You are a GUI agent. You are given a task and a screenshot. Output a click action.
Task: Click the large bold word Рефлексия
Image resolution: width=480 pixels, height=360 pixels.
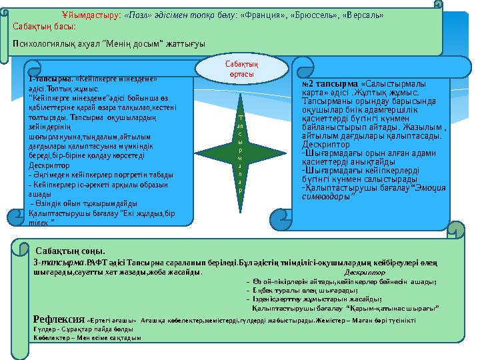pos(59,318)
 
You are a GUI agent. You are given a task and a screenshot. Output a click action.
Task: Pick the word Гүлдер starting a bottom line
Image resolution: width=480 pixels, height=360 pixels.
pos(45,329)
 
